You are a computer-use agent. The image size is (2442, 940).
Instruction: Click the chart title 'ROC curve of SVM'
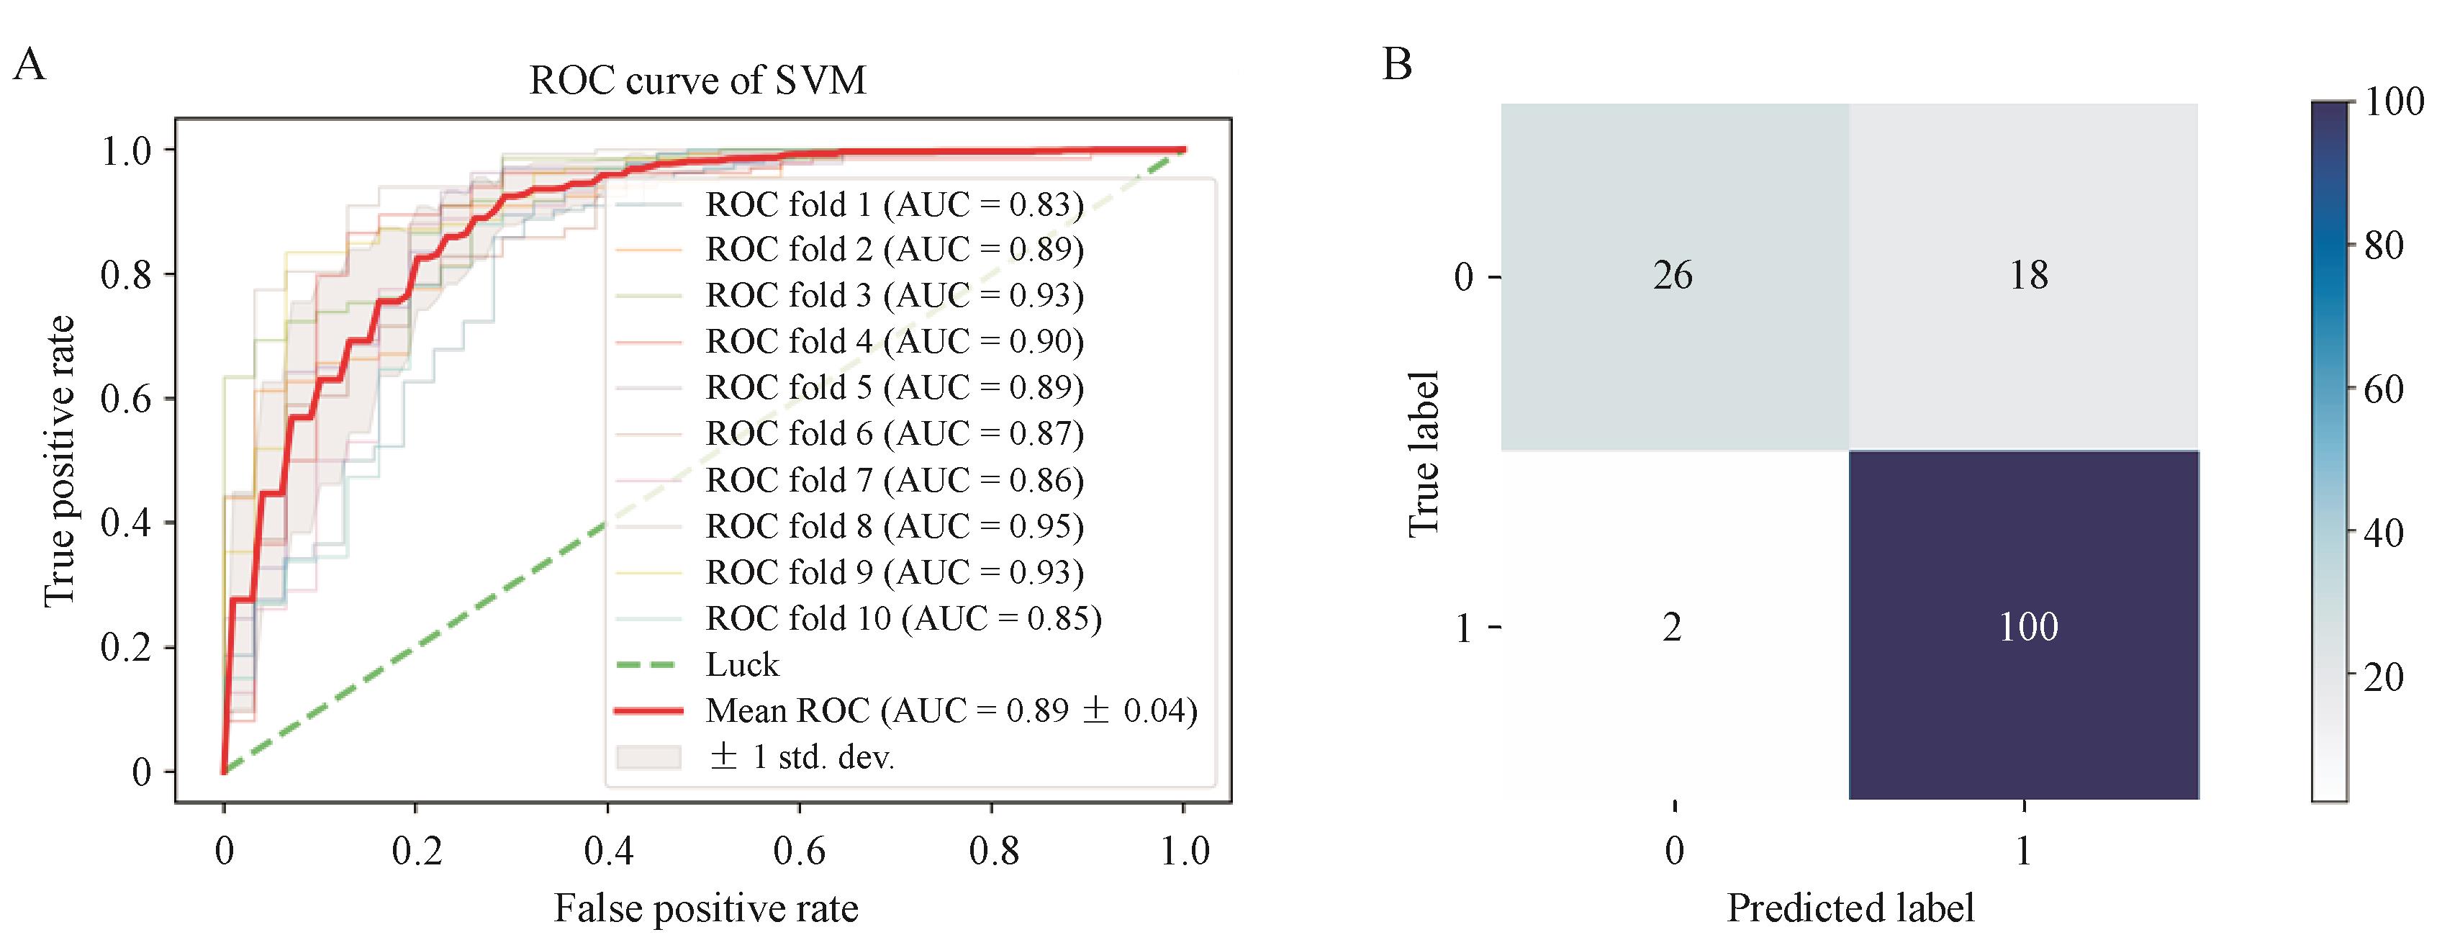coord(697,81)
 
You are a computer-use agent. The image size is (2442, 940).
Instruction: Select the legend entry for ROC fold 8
coord(894,527)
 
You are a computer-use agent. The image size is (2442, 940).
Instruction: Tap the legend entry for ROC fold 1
coord(894,204)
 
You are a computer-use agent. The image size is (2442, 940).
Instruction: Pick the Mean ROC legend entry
coord(951,710)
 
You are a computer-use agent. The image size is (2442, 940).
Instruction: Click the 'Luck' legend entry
coord(741,665)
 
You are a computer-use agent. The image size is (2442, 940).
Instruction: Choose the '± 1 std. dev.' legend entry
coord(801,757)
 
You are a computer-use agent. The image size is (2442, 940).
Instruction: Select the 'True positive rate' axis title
coord(59,461)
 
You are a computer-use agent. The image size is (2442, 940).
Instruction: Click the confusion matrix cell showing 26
coord(1673,276)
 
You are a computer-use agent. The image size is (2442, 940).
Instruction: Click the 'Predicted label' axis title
coord(1850,908)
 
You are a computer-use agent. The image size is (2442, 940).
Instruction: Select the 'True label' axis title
coord(1424,455)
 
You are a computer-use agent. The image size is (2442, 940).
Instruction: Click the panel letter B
coord(1397,65)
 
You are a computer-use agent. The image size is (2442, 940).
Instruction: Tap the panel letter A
coord(30,66)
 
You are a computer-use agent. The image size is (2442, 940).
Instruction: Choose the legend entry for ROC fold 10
coord(903,619)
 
